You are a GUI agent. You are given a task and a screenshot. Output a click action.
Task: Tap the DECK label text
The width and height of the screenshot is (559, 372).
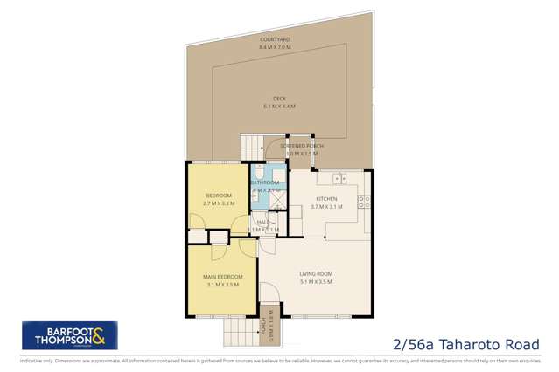pyautogui.click(x=279, y=99)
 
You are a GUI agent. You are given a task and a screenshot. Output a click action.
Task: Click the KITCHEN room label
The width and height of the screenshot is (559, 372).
pyautogui.click(x=326, y=198)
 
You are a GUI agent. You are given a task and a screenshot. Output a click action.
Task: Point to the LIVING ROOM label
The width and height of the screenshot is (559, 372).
pyautogui.click(x=315, y=273)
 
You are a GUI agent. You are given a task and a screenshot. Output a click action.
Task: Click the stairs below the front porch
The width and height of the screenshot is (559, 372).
pyautogui.click(x=237, y=332)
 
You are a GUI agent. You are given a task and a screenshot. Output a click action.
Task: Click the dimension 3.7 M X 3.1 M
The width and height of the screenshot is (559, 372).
pyautogui.click(x=326, y=207)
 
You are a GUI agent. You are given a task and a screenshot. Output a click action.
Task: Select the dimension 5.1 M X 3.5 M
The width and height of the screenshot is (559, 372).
pyautogui.click(x=315, y=282)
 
